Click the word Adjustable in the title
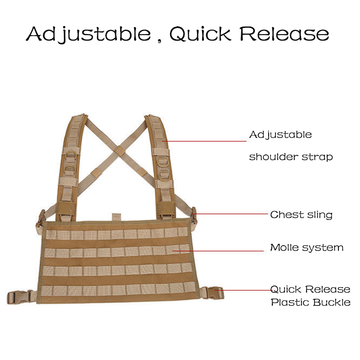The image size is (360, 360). tap(88, 34)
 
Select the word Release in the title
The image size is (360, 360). tap(283, 34)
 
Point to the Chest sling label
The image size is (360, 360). tap(301, 215)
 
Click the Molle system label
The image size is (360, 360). tap(306, 247)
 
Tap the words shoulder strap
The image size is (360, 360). tap(291, 157)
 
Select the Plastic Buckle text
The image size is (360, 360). tap(310, 302)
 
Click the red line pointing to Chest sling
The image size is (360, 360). tap(229, 214)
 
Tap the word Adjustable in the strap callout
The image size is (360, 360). tap(280, 135)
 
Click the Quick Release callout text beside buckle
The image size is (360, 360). tap(310, 289)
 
